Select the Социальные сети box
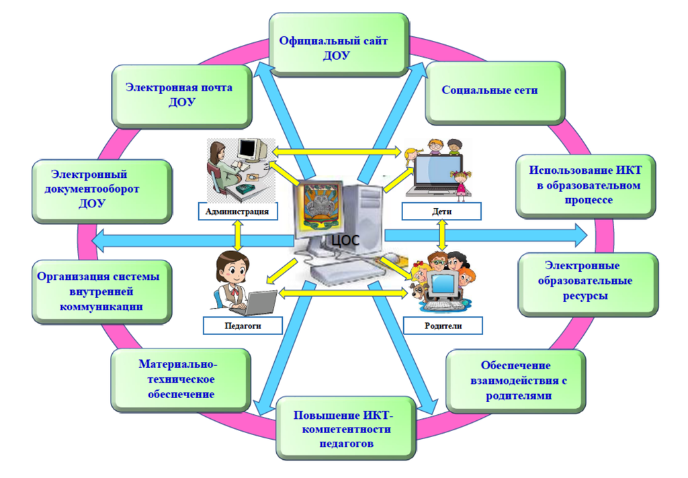494,90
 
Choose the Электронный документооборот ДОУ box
101,191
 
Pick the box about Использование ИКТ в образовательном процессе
585,185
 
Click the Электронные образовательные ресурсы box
587,281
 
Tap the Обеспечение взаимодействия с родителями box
515,379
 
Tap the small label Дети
441,212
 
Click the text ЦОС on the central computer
345,239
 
